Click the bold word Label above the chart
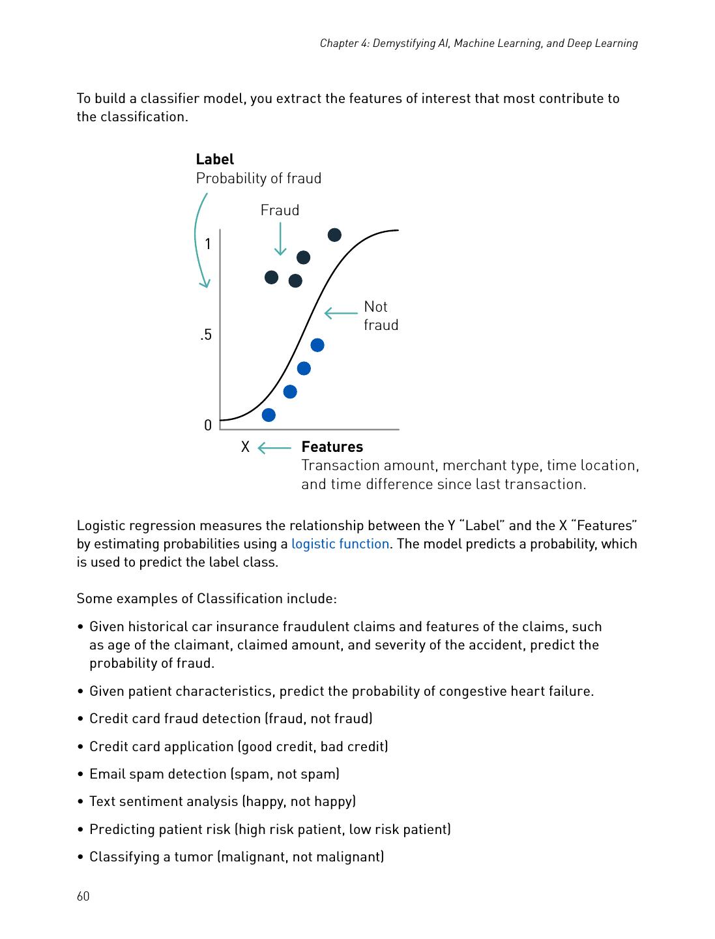click(x=214, y=159)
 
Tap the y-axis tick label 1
click(x=208, y=245)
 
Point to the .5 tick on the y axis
click(x=206, y=335)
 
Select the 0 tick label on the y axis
click(x=208, y=425)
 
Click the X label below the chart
click(x=245, y=447)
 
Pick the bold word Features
click(x=332, y=447)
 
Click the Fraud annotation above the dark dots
click(x=280, y=210)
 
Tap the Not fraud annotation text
click(x=380, y=316)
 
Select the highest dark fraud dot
click(x=334, y=235)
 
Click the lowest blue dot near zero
click(x=269, y=415)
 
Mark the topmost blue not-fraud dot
click(x=317, y=345)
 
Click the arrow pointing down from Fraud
click(x=280, y=239)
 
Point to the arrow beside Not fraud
click(x=341, y=314)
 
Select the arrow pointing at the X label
click(x=274, y=448)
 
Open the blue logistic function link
click(x=340, y=544)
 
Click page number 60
click(x=83, y=896)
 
